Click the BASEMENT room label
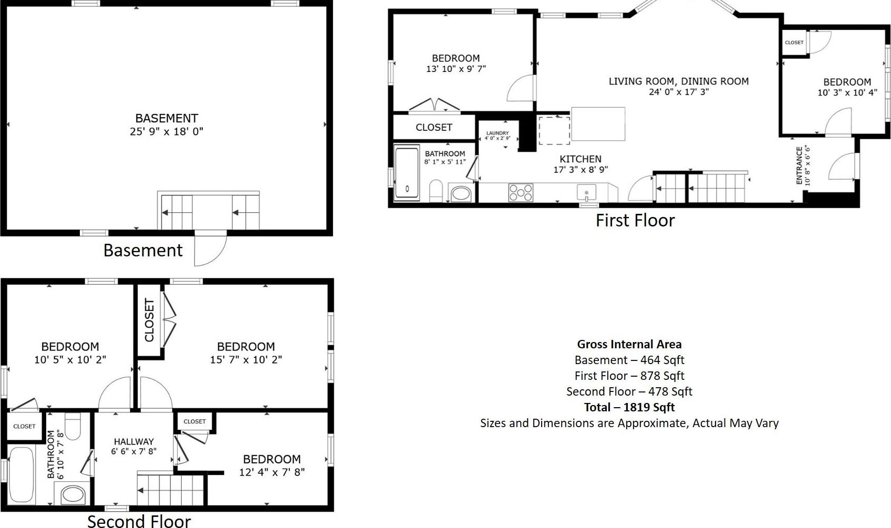[167, 118]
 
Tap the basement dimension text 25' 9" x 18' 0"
[167, 131]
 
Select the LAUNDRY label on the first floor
[497, 133]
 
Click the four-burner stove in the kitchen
[520, 193]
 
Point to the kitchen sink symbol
[586, 192]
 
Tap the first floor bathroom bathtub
[407, 173]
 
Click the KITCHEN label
[580, 159]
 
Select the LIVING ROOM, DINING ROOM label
[678, 81]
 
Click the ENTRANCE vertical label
[799, 165]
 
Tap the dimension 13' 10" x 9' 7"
[455, 69]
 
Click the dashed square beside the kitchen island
[554, 130]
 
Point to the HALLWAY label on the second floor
[133, 442]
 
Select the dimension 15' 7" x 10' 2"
[246, 360]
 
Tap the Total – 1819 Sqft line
[629, 407]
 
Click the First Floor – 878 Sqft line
[629, 376]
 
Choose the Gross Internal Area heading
[629, 344]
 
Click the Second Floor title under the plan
[139, 521]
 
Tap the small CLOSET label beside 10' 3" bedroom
[794, 43]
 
